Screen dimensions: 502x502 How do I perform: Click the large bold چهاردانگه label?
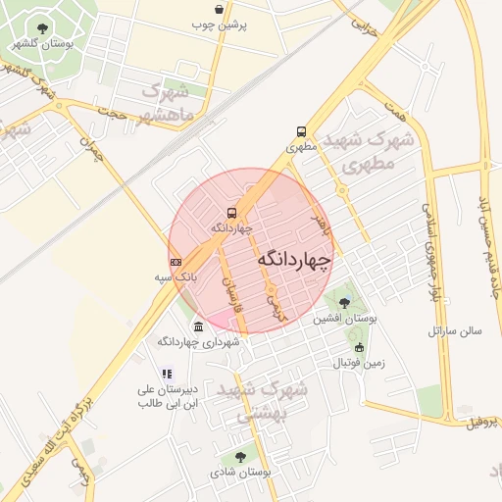pos(294,258)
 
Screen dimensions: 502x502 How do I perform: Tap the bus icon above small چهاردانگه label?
pos(232,213)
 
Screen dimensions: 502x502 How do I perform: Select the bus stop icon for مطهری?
pos(300,131)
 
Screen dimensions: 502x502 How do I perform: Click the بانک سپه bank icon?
pos(176,262)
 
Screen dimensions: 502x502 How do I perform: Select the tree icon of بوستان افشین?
pos(342,302)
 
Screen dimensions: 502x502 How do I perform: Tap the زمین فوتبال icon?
pos(359,347)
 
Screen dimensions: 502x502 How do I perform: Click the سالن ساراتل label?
pos(455,331)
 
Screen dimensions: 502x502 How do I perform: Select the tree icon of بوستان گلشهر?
pos(41,28)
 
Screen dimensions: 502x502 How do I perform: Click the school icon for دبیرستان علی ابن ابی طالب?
pos(167,373)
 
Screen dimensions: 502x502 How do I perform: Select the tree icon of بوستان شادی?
pos(240,456)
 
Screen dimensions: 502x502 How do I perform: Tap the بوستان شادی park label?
pos(241,473)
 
